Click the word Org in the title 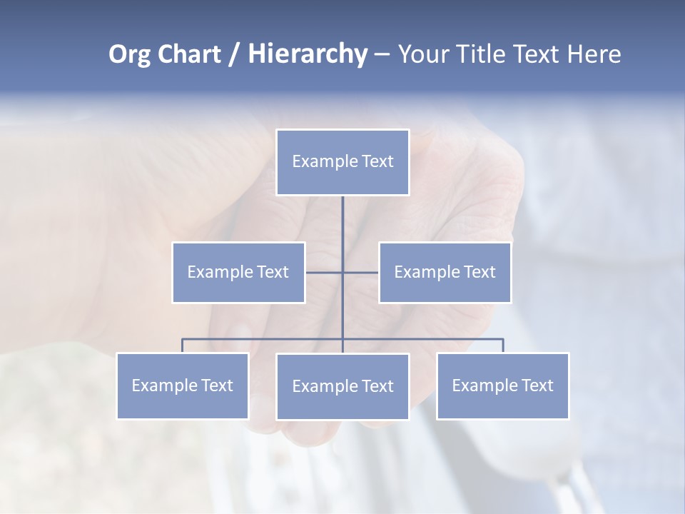coord(130,54)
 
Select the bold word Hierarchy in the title coord(307,54)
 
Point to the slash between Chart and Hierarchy coord(234,54)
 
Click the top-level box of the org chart coord(342,162)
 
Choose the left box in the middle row coord(238,272)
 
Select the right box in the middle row coord(445,272)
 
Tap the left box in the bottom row coord(183,385)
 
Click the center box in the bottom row coord(342,386)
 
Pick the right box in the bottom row coord(502,385)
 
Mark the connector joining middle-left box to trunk coord(324,272)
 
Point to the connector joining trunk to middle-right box coord(361,272)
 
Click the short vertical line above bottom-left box coord(183,346)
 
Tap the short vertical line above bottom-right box coord(503,346)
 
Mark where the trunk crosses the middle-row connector coord(342,272)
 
